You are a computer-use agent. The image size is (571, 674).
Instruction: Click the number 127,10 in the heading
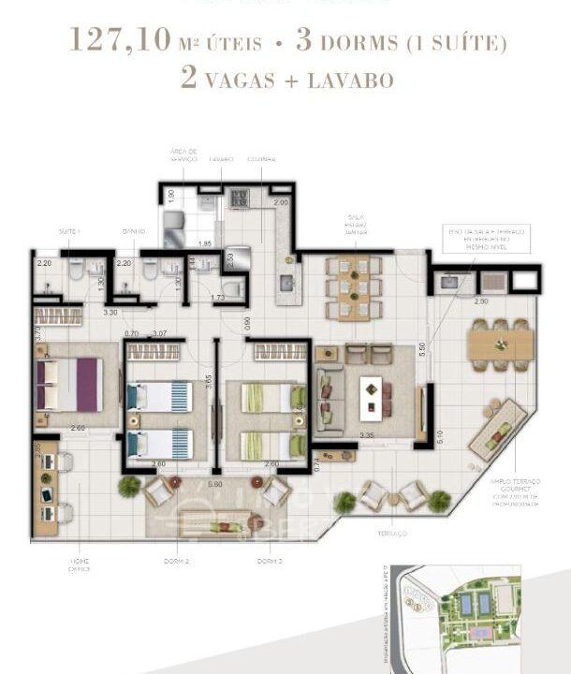click(x=120, y=41)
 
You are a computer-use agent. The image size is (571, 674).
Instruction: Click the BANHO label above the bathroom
click(x=132, y=230)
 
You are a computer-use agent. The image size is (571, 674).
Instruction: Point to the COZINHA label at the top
click(x=261, y=160)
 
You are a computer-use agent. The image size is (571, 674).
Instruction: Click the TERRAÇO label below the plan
click(x=393, y=533)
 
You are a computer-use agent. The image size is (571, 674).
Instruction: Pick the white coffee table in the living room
click(x=372, y=397)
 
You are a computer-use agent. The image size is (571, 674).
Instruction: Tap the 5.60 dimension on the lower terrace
click(x=214, y=484)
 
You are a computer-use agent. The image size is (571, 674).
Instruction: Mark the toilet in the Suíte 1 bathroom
click(x=75, y=272)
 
